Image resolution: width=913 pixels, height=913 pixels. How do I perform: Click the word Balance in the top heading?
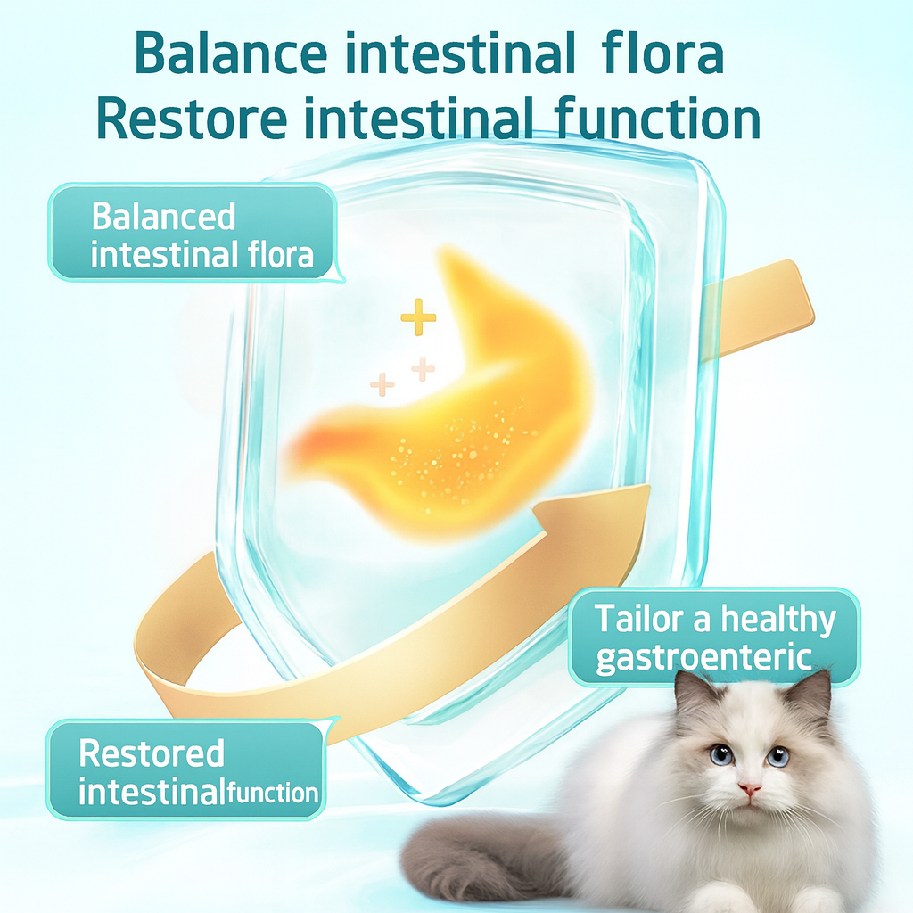pyautogui.click(x=231, y=54)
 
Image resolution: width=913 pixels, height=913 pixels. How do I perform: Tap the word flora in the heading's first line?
pyautogui.click(x=662, y=53)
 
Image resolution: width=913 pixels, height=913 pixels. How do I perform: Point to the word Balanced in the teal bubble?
pyautogui.click(x=164, y=218)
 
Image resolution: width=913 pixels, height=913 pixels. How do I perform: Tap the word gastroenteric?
pyautogui.click(x=704, y=659)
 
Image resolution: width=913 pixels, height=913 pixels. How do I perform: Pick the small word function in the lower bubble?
pyautogui.click(x=273, y=793)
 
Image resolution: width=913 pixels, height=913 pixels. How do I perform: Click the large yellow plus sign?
pyautogui.click(x=418, y=317)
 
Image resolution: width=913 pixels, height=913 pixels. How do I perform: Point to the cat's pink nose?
pyautogui.click(x=749, y=788)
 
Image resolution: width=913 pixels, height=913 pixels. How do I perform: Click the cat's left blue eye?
pyautogui.click(x=722, y=754)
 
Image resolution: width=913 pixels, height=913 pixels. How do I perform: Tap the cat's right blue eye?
pyautogui.click(x=777, y=756)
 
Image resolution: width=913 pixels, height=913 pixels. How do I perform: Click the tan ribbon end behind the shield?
pyautogui.click(x=757, y=308)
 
